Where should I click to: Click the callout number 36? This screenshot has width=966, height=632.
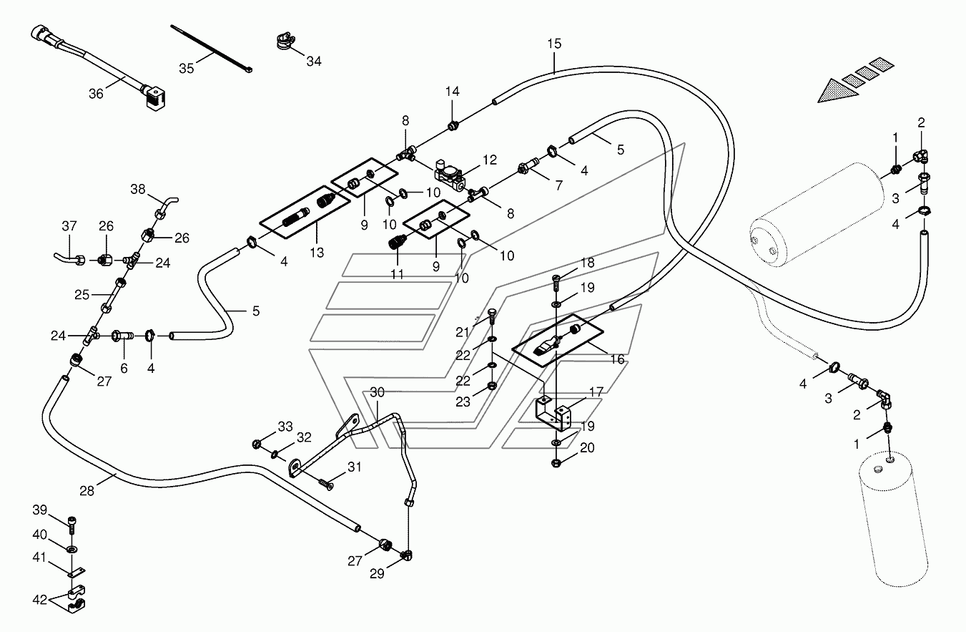96,93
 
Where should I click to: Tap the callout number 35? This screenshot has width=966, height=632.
187,68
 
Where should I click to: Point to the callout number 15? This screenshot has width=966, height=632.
555,44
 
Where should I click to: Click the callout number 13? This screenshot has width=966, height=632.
317,253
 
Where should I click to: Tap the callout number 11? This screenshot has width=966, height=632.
397,274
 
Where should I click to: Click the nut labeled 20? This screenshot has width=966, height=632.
556,464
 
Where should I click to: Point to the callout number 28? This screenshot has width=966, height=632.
87,491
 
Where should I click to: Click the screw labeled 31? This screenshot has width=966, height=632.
326,485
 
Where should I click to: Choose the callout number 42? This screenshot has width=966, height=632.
39,600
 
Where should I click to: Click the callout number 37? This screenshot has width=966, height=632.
69,225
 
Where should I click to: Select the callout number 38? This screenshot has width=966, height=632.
138,189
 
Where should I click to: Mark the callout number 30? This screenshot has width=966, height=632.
377,392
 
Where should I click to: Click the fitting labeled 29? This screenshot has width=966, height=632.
406,555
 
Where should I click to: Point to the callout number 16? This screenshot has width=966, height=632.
617,359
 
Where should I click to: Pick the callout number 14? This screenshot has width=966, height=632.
453,92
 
